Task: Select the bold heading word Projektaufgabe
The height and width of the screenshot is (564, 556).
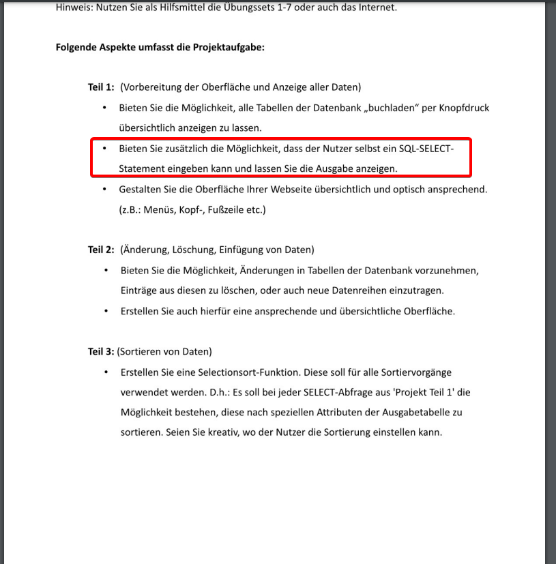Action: (230, 48)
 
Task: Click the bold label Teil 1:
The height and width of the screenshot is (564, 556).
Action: (101, 87)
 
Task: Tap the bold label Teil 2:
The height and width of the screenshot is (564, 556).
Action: (101, 250)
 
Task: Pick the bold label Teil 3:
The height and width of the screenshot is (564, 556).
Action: (101, 352)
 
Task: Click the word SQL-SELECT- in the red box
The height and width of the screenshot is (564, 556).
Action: (426, 149)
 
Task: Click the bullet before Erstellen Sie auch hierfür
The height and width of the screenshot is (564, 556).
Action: (106, 311)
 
